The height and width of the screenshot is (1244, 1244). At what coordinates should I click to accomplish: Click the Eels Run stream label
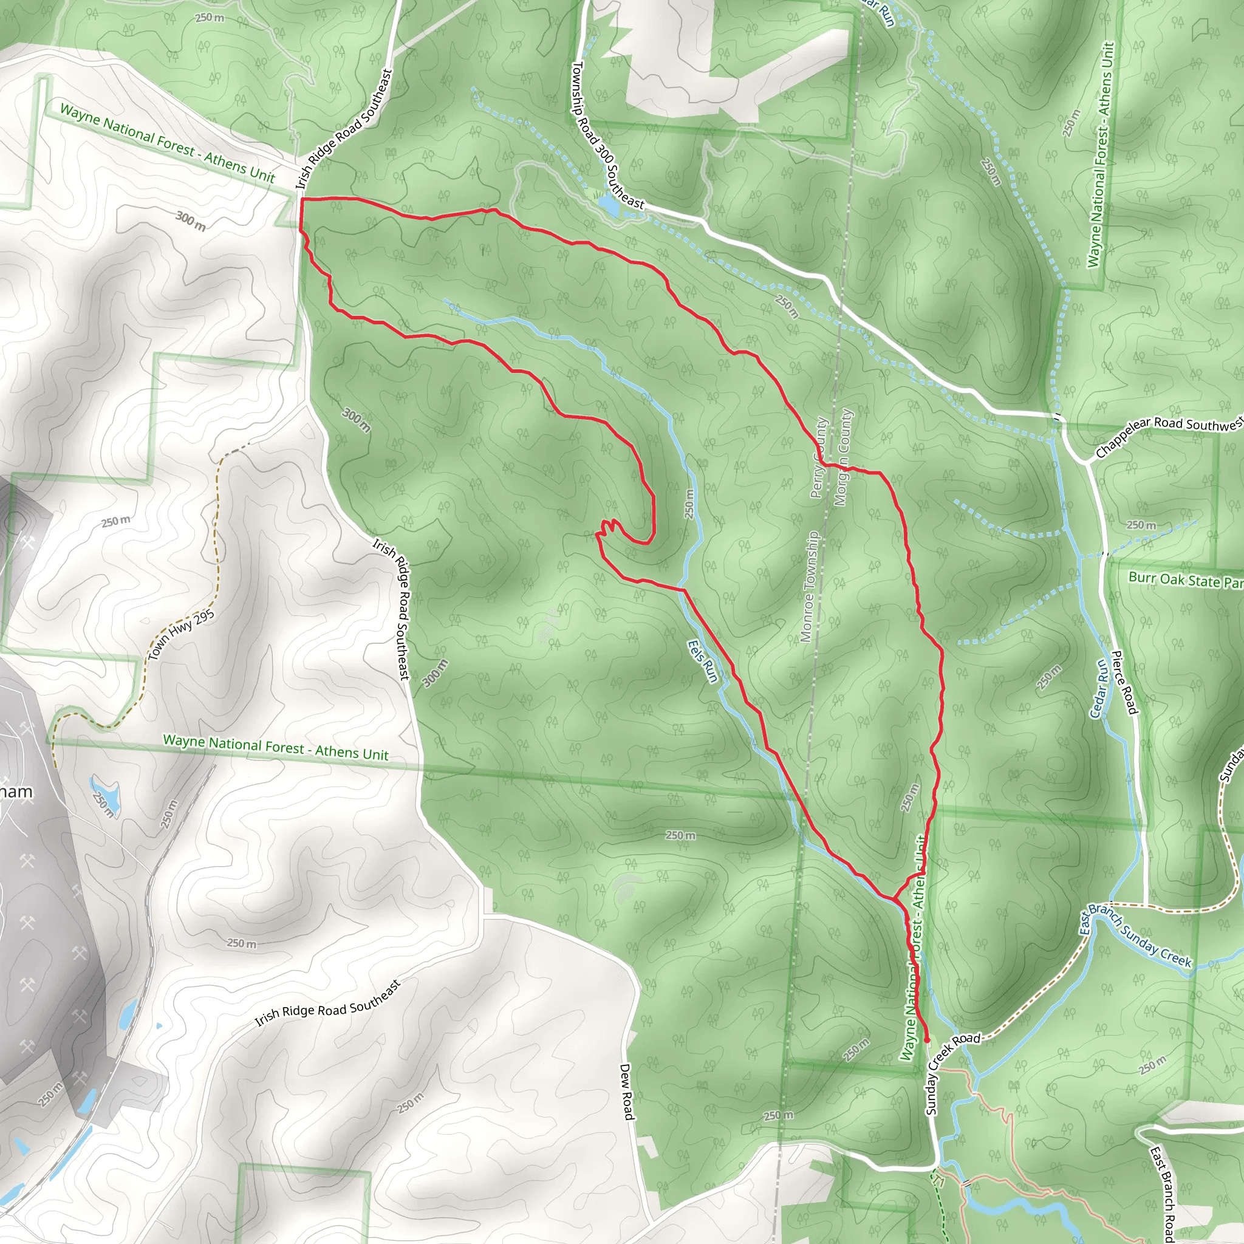[703, 661]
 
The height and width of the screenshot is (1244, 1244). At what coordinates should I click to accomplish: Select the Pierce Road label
[1124, 682]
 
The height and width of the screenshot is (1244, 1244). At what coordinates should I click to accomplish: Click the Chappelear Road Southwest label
[1169, 436]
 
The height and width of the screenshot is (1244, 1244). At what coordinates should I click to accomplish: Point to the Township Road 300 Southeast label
[607, 135]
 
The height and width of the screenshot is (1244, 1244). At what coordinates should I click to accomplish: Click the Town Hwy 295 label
[181, 635]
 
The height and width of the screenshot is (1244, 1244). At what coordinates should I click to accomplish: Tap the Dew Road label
[627, 1091]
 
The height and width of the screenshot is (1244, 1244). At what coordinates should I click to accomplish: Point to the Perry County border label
[818, 458]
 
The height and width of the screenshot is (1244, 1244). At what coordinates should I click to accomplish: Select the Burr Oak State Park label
[1184, 579]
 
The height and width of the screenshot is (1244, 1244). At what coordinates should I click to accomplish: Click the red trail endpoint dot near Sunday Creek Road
[927, 1040]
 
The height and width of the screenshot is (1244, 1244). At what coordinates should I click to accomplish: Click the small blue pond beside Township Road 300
[608, 204]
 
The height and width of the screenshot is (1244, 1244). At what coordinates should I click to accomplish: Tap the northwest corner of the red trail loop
[301, 200]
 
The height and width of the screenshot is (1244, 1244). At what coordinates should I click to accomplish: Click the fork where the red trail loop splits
[894, 898]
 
